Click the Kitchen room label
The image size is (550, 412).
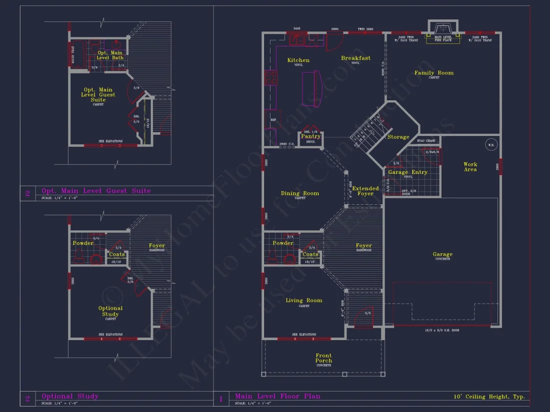[298, 60]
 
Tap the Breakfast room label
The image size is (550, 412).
[355, 58]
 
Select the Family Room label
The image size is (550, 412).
[434, 73]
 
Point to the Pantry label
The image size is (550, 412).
[310, 136]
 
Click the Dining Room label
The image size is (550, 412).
[300, 193]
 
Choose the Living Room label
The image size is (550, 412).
[304, 300]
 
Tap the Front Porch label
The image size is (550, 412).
[323, 358]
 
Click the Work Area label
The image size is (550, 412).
[470, 167]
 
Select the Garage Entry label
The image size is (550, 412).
[408, 172]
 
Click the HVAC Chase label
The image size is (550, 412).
[426, 141]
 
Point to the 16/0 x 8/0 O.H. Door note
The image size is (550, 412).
[442, 331]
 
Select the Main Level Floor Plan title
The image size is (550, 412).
[277, 397]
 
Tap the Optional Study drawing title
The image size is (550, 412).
[70, 397]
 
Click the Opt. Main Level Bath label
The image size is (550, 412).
[110, 55]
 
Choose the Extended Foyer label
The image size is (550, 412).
[365, 191]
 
